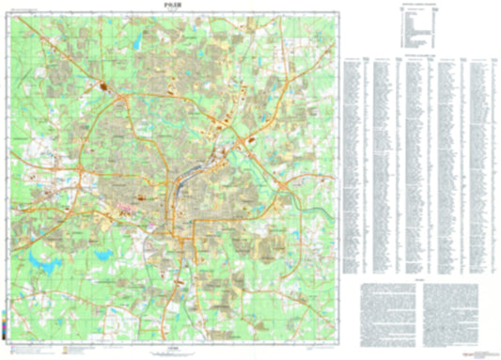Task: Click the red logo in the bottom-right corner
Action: [x=483, y=351]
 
